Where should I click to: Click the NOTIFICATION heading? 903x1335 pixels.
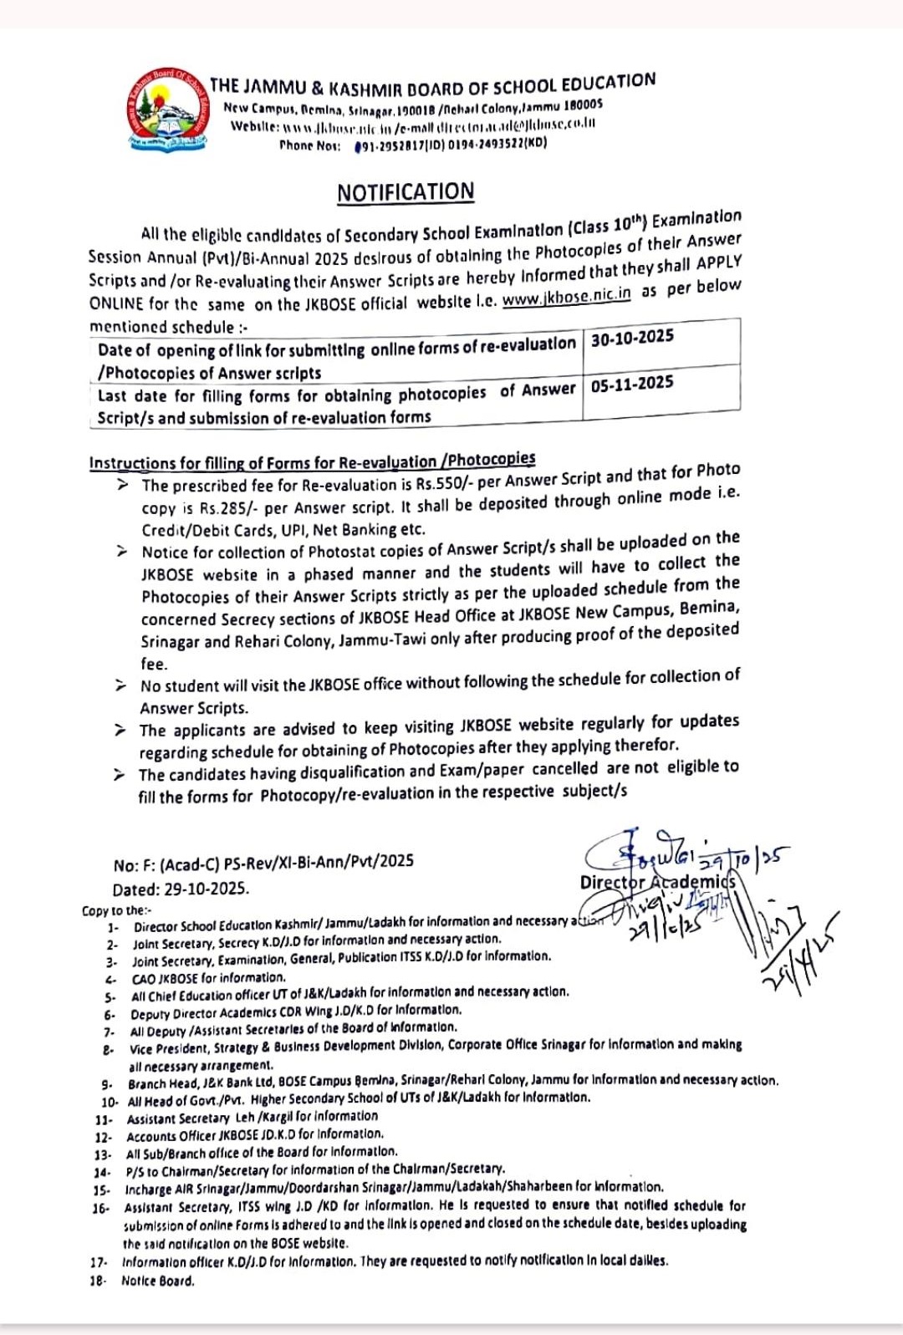[406, 192]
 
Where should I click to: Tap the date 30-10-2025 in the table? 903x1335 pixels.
[632, 338]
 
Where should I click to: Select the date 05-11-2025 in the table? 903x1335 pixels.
[632, 385]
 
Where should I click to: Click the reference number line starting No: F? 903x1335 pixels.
[263, 862]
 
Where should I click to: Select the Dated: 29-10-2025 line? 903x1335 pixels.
[181, 889]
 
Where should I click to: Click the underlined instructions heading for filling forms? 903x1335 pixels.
[312, 461]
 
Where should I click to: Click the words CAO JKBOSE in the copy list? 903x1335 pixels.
[166, 978]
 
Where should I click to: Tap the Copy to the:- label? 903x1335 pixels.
[117, 910]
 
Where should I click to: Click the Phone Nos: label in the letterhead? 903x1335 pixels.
[309, 145]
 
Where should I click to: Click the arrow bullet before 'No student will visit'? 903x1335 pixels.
[122, 685]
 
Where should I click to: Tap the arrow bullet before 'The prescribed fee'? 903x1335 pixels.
[123, 485]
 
